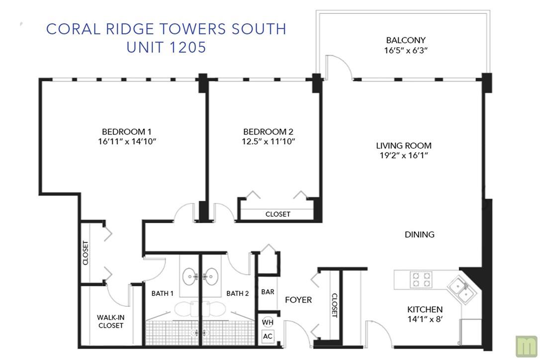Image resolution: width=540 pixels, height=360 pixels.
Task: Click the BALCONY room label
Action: pyautogui.click(x=406, y=40)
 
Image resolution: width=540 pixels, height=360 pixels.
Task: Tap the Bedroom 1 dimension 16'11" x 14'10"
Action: pyautogui.click(x=127, y=141)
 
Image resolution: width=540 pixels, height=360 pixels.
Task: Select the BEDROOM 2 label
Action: pyautogui.click(x=269, y=132)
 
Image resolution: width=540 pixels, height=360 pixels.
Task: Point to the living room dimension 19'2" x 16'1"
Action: pyautogui.click(x=404, y=155)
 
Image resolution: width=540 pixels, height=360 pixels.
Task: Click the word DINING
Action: pyautogui.click(x=420, y=235)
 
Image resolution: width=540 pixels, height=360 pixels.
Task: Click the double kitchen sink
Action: pyautogui.click(x=461, y=289)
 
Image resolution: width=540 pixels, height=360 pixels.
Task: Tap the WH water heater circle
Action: pyautogui.click(x=268, y=322)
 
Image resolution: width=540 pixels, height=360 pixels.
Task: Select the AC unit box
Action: pyautogui.click(x=268, y=336)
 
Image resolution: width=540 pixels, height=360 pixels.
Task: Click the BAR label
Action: pyautogui.click(x=268, y=292)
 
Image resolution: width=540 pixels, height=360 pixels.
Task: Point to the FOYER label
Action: pyautogui.click(x=298, y=300)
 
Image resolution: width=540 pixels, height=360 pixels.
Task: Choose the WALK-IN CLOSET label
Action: pyautogui.click(x=110, y=321)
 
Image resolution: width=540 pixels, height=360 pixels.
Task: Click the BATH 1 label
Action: pyautogui.click(x=162, y=293)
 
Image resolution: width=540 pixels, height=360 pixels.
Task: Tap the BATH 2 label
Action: pyautogui.click(x=237, y=293)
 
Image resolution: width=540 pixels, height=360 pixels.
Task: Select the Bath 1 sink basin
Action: pyautogui.click(x=190, y=276)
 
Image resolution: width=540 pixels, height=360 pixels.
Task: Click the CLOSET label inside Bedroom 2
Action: pyautogui.click(x=277, y=214)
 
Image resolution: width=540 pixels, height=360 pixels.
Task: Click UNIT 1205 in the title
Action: pyautogui.click(x=167, y=47)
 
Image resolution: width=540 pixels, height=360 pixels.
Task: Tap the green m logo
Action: pyautogui.click(x=526, y=346)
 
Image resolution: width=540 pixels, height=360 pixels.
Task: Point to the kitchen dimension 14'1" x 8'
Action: pyautogui.click(x=425, y=319)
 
